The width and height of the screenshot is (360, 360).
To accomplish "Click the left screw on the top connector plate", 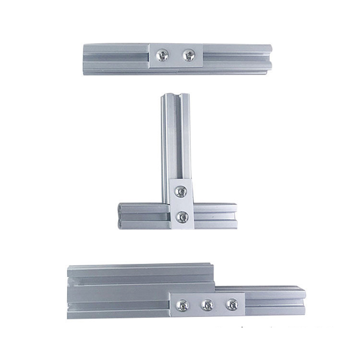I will click(162, 55).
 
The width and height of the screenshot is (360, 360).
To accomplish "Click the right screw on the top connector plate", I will click(189, 55).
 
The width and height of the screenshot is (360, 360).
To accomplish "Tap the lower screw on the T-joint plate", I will click(181, 217).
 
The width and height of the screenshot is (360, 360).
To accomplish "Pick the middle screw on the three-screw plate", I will click(207, 305).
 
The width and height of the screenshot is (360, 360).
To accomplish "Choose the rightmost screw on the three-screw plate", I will click(231, 304).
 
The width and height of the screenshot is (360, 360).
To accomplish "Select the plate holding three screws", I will click(207, 305).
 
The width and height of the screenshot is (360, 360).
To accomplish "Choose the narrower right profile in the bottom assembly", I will click(274, 300).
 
